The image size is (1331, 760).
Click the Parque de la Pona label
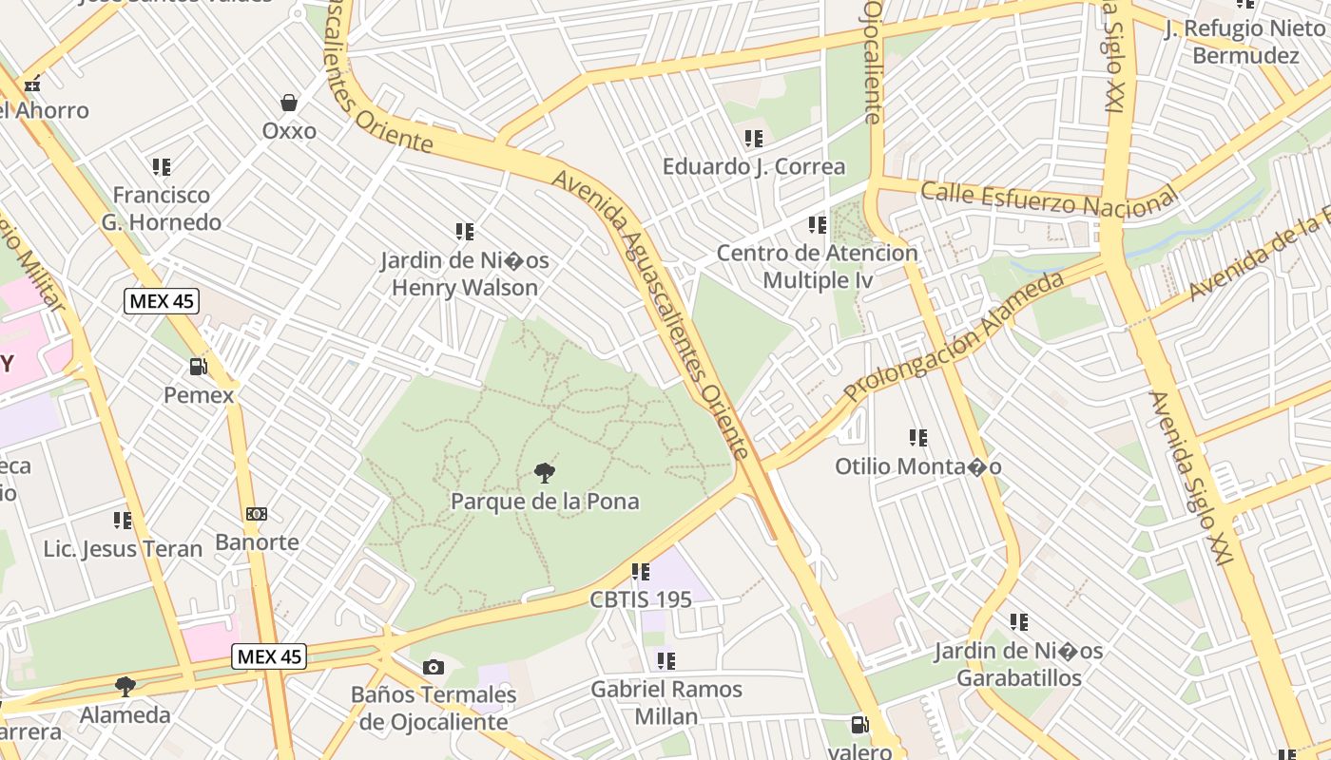pyautogui.click(x=545, y=501)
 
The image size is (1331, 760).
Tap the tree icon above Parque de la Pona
pyautogui.click(x=545, y=472)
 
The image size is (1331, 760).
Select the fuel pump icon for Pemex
pyautogui.click(x=198, y=367)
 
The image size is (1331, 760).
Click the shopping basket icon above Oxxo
pyautogui.click(x=289, y=103)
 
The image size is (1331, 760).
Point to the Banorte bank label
pyautogui.click(x=257, y=542)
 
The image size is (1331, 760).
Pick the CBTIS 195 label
pyautogui.click(x=641, y=599)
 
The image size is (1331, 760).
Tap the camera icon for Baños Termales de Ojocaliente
pyautogui.click(x=434, y=667)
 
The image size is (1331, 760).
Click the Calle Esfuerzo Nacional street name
pyautogui.click(x=1049, y=199)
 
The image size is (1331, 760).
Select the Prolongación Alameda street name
pyautogui.click(x=954, y=336)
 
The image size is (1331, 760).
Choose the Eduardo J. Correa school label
pyautogui.click(x=754, y=166)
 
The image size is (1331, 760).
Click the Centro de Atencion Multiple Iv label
pyautogui.click(x=818, y=266)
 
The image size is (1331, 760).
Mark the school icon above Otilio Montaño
pyautogui.click(x=917, y=438)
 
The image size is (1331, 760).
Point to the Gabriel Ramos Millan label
pyautogui.click(x=666, y=702)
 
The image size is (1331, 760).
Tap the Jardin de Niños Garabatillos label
pyautogui.click(x=1018, y=664)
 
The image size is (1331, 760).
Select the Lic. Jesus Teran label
pyautogui.click(x=124, y=548)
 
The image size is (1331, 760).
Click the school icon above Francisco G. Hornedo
pyautogui.click(x=162, y=167)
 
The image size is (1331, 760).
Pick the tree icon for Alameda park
pyautogui.click(x=125, y=686)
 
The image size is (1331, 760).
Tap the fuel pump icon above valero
pyautogui.click(x=859, y=725)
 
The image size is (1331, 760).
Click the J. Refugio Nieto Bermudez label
pyautogui.click(x=1244, y=42)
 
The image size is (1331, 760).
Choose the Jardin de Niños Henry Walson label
pyautogui.click(x=465, y=274)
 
